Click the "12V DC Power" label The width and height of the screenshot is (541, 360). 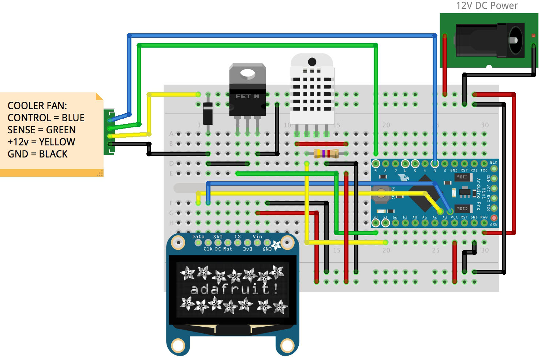click(x=486, y=6)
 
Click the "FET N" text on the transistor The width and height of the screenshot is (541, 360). click(x=247, y=96)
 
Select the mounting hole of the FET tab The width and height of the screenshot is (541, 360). click(x=247, y=74)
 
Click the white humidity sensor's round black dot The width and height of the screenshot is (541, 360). click(x=312, y=62)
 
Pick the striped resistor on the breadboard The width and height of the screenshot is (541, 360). click(x=326, y=153)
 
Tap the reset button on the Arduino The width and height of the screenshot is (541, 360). click(x=381, y=194)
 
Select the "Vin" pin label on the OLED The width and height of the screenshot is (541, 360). click(x=257, y=237)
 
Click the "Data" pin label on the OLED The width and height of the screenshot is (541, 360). click(x=198, y=237)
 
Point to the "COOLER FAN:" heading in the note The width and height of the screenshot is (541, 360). click(x=37, y=106)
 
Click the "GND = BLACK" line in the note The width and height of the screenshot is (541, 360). click(x=38, y=154)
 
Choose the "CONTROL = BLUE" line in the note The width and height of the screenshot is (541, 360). click(x=46, y=118)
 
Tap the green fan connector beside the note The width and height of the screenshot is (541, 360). click(x=109, y=132)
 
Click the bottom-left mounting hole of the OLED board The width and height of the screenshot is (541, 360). click(x=178, y=345)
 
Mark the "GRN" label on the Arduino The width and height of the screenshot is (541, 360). click(x=494, y=224)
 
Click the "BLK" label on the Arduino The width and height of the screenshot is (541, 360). click(x=494, y=162)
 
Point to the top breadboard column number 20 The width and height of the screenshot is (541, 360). click(x=386, y=125)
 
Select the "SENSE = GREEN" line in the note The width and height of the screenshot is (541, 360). click(x=42, y=130)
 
